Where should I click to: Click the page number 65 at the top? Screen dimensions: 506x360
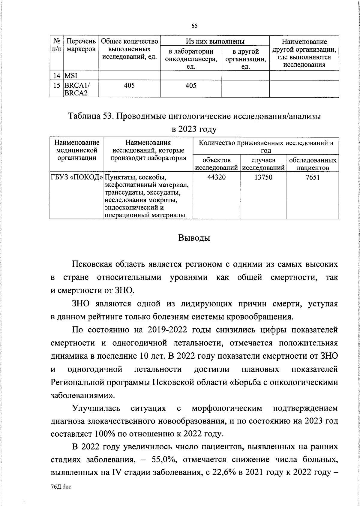[194, 26]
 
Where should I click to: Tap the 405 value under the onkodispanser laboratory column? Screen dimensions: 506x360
[191, 86]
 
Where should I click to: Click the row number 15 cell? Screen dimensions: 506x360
[56, 86]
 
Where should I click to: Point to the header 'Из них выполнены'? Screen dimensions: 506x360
[215, 41]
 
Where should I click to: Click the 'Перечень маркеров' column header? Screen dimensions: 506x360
[81, 45]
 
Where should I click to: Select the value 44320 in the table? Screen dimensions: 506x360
[216, 177]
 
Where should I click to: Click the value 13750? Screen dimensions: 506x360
[263, 177]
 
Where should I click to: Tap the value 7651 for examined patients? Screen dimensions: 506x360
[313, 177]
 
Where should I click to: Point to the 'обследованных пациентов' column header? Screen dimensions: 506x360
[313, 164]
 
